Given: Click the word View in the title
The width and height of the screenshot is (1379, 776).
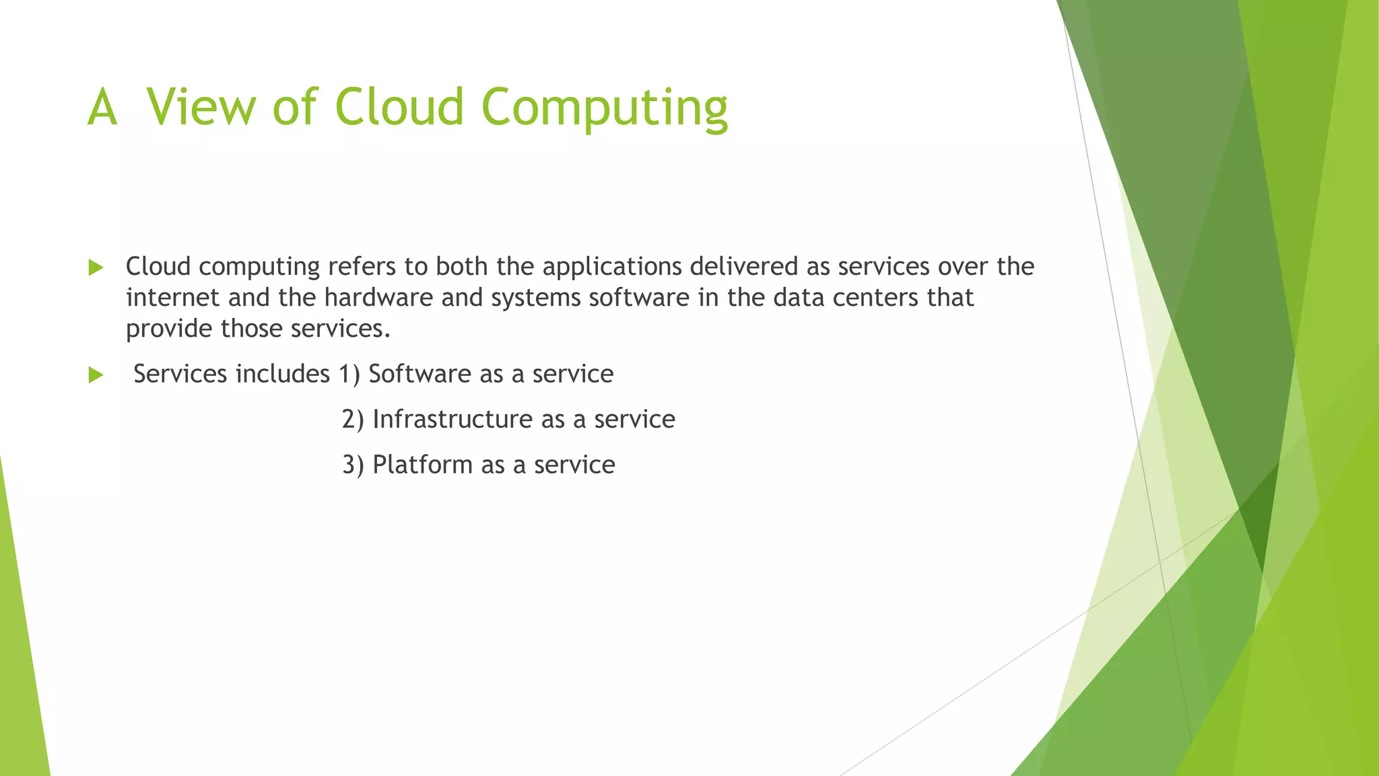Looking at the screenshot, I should (201, 106).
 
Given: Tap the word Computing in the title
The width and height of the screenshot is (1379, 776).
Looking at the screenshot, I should (604, 108).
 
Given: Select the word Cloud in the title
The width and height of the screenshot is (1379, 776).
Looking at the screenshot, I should (399, 106).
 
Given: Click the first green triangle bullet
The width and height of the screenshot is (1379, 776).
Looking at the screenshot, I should (96, 267).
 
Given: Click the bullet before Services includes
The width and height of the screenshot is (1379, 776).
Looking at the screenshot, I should (96, 375).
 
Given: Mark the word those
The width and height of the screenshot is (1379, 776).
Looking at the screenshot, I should (252, 329).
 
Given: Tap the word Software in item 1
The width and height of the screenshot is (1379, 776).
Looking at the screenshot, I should (419, 374).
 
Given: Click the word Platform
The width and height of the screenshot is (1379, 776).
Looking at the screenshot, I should (422, 465).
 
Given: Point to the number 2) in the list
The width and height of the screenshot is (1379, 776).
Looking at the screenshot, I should (352, 420).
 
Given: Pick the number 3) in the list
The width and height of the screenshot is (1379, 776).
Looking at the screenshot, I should (352, 465).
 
